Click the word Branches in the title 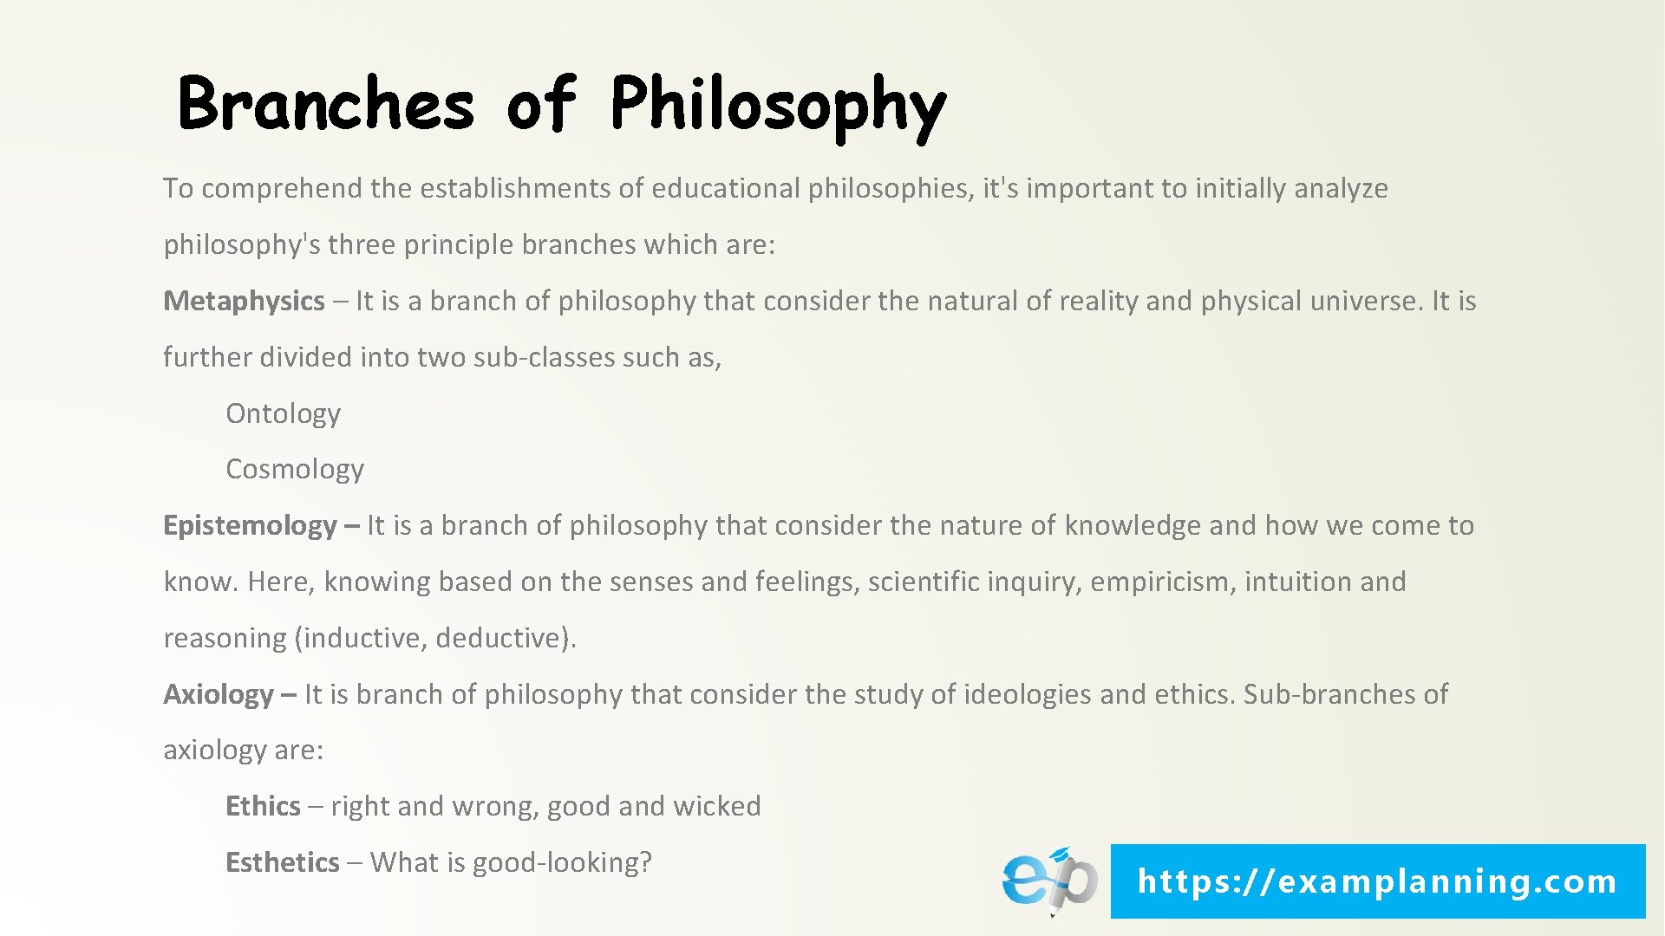[326, 104]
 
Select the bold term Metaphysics [244, 302]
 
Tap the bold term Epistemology [250, 526]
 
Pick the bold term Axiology [219, 695]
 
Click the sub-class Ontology [283, 414]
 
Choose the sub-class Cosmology [295, 470]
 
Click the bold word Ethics [263, 807]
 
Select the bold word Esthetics [282, 863]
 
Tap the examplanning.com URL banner [1377, 881]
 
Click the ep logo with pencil [1049, 881]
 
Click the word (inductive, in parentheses [361, 639]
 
